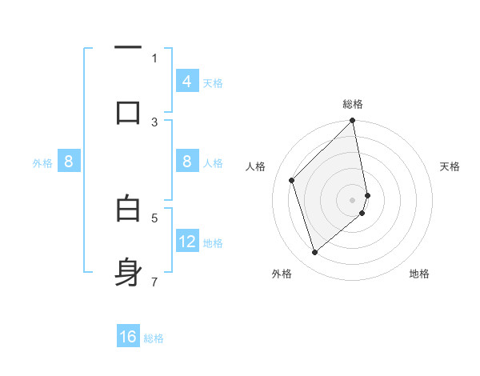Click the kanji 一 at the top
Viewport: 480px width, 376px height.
[x=128, y=49]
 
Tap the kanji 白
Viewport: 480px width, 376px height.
[x=128, y=209]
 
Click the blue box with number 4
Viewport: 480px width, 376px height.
[x=187, y=82]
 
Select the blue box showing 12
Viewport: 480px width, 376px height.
[x=187, y=242]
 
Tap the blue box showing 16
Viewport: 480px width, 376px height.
[x=128, y=337]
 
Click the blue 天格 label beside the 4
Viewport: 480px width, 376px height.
[x=213, y=82]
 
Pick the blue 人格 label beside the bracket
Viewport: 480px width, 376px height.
[x=213, y=162]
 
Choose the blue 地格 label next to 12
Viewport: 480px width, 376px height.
[x=213, y=242]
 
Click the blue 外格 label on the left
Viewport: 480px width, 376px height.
[x=42, y=162]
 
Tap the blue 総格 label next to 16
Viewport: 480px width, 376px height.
[x=154, y=338]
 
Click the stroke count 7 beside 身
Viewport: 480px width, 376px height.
[x=154, y=282]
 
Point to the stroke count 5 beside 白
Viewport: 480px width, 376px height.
[x=154, y=217]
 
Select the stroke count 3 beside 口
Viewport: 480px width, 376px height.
[x=154, y=122]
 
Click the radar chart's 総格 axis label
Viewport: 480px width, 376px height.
[x=353, y=104]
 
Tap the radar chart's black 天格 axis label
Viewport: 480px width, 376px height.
[x=450, y=166]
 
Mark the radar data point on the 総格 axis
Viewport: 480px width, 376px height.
[x=353, y=121]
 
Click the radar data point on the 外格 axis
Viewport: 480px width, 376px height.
[x=314, y=252]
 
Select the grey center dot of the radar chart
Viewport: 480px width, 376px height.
[x=353, y=199]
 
